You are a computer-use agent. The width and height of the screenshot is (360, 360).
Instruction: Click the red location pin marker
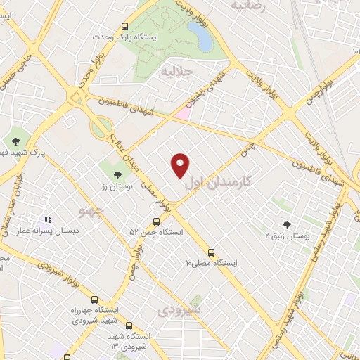pyautogui.click(x=181, y=165)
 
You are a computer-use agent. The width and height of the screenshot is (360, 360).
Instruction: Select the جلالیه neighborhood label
pyautogui.click(x=176, y=72)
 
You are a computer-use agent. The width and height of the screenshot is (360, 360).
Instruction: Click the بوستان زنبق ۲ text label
pyautogui.click(x=285, y=236)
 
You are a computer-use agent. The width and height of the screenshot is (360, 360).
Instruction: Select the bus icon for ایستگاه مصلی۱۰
pyautogui.click(x=211, y=252)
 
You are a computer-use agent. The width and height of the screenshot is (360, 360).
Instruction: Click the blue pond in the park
pyautogui.click(x=205, y=35)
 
